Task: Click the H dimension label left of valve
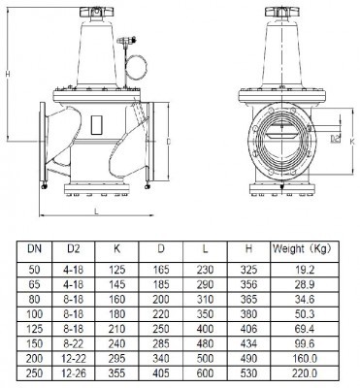click(x=8, y=74)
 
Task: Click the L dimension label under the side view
click(x=96, y=211)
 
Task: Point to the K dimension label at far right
click(x=352, y=142)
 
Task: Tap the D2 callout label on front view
click(x=336, y=139)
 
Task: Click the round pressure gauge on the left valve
click(x=137, y=68)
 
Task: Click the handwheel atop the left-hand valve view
click(x=96, y=12)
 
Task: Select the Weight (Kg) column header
click(x=302, y=249)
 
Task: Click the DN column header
click(x=34, y=248)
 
